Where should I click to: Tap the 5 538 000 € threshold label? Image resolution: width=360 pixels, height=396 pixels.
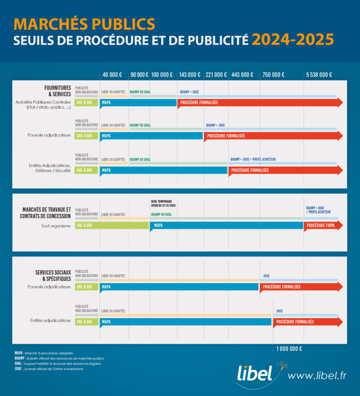click(319, 75)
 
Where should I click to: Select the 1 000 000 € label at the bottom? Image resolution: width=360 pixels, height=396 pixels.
click(289, 349)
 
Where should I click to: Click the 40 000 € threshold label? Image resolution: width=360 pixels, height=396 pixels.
click(112, 75)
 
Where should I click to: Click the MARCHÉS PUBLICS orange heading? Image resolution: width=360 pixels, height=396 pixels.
click(84, 24)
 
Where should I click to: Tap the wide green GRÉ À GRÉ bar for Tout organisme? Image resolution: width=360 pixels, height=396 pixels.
click(112, 225)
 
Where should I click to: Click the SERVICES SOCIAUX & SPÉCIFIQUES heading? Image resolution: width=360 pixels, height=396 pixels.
click(53, 275)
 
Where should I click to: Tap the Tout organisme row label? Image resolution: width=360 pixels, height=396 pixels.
click(56, 226)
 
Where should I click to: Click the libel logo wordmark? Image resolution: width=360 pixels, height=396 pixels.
click(255, 374)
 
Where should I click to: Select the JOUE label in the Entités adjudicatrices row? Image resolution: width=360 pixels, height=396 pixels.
click(279, 311)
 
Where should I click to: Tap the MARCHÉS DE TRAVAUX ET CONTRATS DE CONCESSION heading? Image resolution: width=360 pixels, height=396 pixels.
click(45, 213)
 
